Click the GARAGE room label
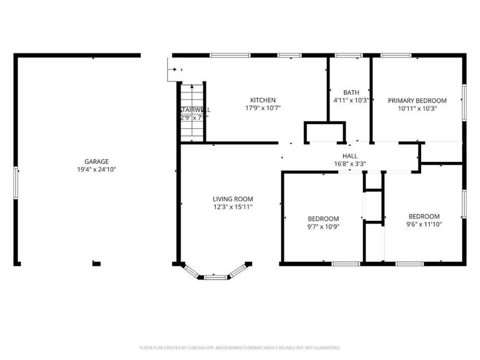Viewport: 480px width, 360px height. tap(96, 161)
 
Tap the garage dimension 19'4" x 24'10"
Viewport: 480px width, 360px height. tap(96, 170)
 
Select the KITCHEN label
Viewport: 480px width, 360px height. tap(263, 100)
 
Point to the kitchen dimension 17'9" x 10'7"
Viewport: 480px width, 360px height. tap(263, 109)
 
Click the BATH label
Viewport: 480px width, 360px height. tap(350, 92)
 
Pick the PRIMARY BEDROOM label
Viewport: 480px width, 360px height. tap(417, 100)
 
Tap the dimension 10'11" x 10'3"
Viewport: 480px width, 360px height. tap(417, 109)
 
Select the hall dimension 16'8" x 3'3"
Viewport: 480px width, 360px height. tap(350, 164)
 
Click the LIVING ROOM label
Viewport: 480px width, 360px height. tap(233, 199)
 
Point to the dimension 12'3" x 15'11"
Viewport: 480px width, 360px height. tap(233, 208)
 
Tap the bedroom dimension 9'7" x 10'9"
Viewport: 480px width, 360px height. tap(323, 227)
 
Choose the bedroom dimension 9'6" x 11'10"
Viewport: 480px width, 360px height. tap(424, 225)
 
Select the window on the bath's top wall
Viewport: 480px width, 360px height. tap(349, 55)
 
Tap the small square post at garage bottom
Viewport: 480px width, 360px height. tap(96, 263)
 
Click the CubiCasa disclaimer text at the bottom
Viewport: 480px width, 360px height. tap(240, 347)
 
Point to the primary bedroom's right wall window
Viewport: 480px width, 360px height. tap(463, 100)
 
